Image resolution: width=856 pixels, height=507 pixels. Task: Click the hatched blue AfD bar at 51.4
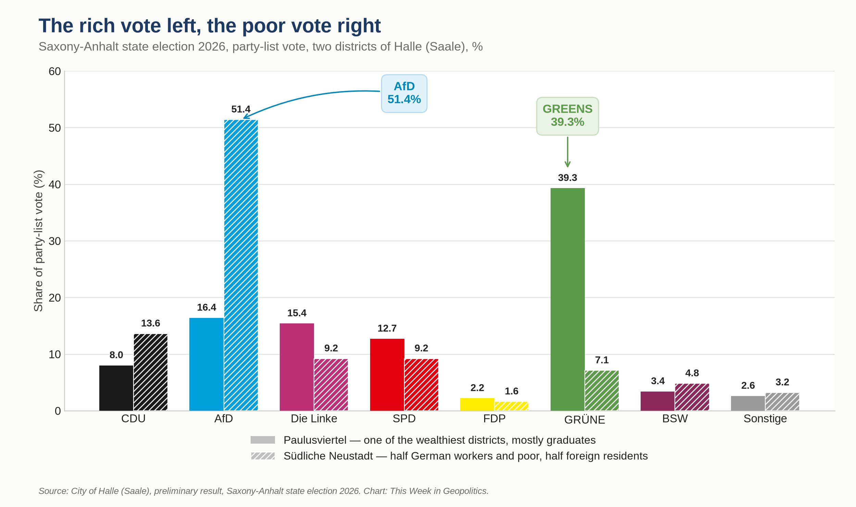[x=241, y=265]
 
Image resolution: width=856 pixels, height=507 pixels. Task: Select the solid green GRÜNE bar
[x=567, y=299]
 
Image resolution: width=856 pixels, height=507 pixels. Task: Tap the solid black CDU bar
[x=116, y=388]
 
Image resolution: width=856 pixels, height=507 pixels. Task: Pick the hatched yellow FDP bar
[x=511, y=406]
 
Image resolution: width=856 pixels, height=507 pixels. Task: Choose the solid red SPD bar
[x=387, y=374]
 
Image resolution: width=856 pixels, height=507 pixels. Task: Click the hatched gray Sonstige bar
[x=782, y=401]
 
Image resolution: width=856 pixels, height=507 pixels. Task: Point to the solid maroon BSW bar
[x=657, y=401]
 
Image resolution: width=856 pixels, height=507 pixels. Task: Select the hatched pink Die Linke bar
[x=331, y=384]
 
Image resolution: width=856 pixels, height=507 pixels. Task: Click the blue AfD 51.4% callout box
[x=404, y=94]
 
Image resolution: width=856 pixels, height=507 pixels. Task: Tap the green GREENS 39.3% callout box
[x=567, y=116]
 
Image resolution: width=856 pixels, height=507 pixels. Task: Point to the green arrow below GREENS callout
[x=567, y=152]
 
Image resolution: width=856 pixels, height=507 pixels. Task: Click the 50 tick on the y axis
[x=55, y=128]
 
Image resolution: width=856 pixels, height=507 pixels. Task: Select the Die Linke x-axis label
[x=314, y=419]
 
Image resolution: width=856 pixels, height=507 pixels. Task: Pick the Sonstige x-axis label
[x=765, y=419]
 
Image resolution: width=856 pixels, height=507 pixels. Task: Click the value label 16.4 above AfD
[x=206, y=307]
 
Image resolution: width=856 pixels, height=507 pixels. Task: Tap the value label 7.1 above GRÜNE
[x=602, y=360]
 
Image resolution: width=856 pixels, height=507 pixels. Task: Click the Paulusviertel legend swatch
[x=263, y=440]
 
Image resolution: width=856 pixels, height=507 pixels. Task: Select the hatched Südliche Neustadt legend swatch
[x=263, y=456]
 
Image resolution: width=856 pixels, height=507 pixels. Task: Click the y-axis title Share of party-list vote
[x=38, y=241]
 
